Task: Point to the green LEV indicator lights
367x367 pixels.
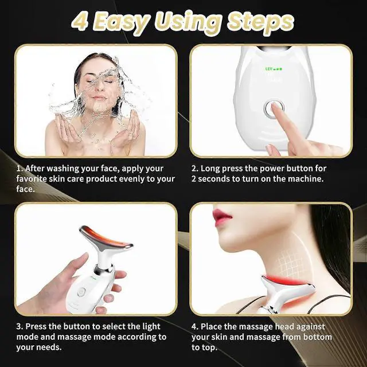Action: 274,69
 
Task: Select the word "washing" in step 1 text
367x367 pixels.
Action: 67,169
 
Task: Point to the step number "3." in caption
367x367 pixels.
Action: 19,327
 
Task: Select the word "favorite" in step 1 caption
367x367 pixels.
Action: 33,179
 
